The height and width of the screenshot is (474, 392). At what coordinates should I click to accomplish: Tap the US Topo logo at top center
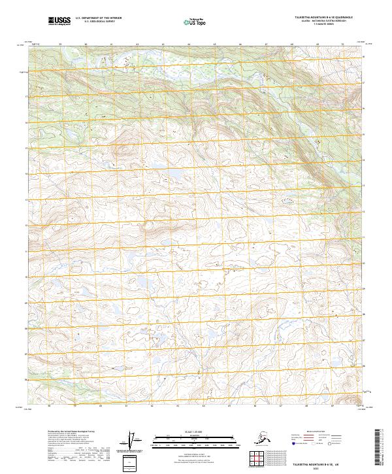coord(193,22)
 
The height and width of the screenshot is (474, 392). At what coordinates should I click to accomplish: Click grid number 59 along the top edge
coord(59,44)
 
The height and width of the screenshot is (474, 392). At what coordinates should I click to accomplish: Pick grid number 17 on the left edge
coord(27,96)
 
